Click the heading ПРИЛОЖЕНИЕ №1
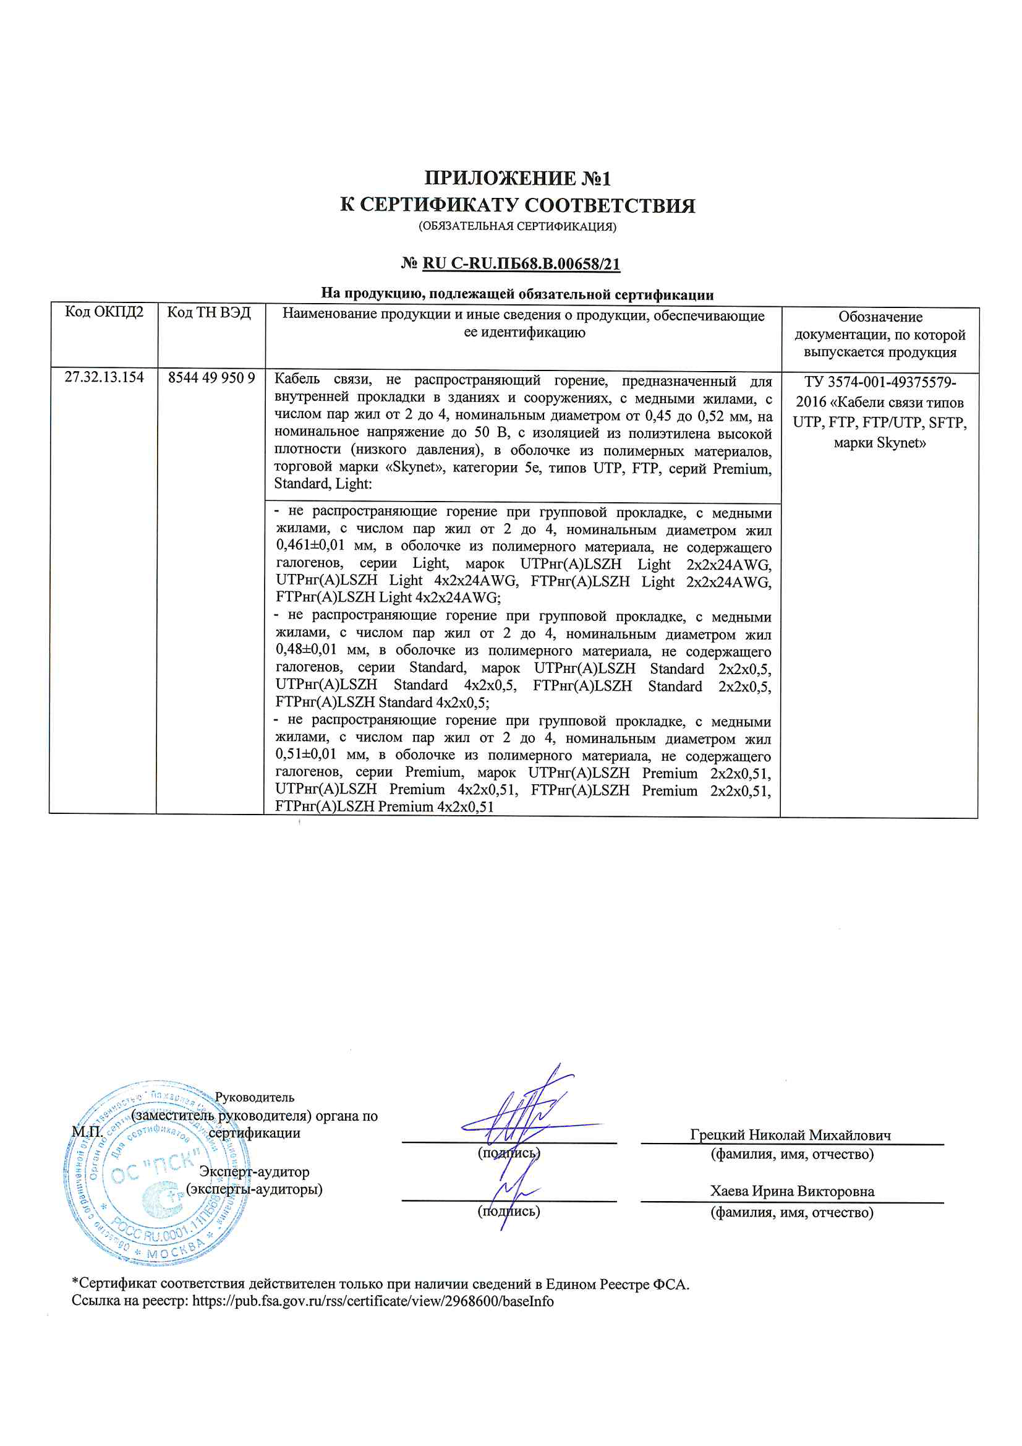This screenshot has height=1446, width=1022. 517,178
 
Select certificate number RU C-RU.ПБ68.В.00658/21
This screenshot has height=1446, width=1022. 521,263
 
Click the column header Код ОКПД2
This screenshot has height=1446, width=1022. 104,312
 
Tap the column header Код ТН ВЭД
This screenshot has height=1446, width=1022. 209,312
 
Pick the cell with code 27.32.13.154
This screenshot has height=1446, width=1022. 104,377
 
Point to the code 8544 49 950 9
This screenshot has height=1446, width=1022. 211,378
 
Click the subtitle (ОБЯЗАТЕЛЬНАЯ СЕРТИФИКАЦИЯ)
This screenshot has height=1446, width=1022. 517,226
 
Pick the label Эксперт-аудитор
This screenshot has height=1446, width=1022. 254,1171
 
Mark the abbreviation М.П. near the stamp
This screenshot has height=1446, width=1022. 87,1131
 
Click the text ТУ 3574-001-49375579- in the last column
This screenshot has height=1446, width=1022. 880,382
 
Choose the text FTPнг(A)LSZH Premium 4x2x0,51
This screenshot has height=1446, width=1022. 384,806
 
